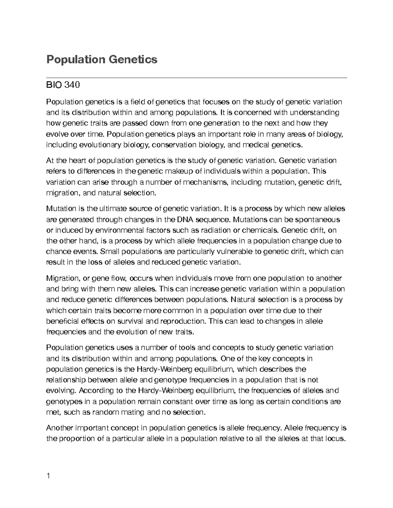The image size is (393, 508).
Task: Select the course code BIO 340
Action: click(63, 85)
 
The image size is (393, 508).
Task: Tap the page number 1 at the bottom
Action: click(48, 476)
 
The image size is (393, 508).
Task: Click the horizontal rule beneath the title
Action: click(196, 78)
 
